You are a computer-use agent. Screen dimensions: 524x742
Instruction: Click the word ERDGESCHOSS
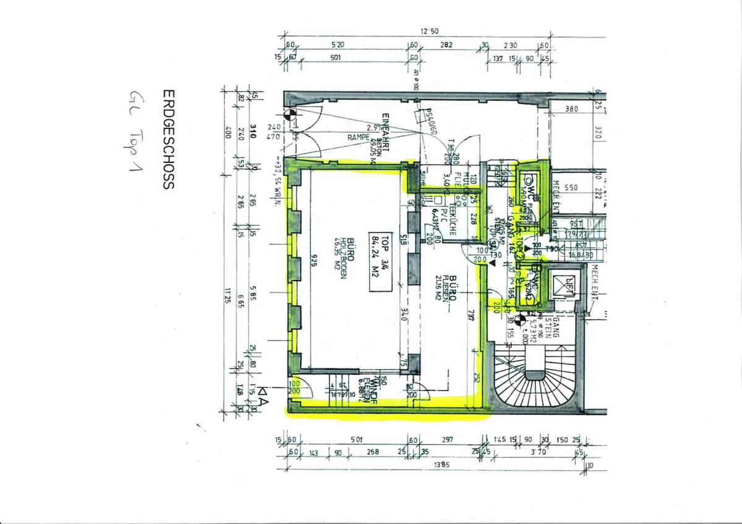(167, 138)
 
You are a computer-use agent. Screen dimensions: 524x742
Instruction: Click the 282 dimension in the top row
(446, 45)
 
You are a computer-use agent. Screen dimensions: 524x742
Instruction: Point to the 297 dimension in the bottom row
(447, 440)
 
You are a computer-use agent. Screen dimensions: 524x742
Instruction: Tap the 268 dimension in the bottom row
(372, 452)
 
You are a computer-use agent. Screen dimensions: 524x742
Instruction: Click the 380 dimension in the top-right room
(571, 109)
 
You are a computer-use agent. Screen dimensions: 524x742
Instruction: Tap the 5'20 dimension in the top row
(338, 45)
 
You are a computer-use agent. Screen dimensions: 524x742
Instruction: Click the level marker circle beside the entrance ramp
(288, 113)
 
